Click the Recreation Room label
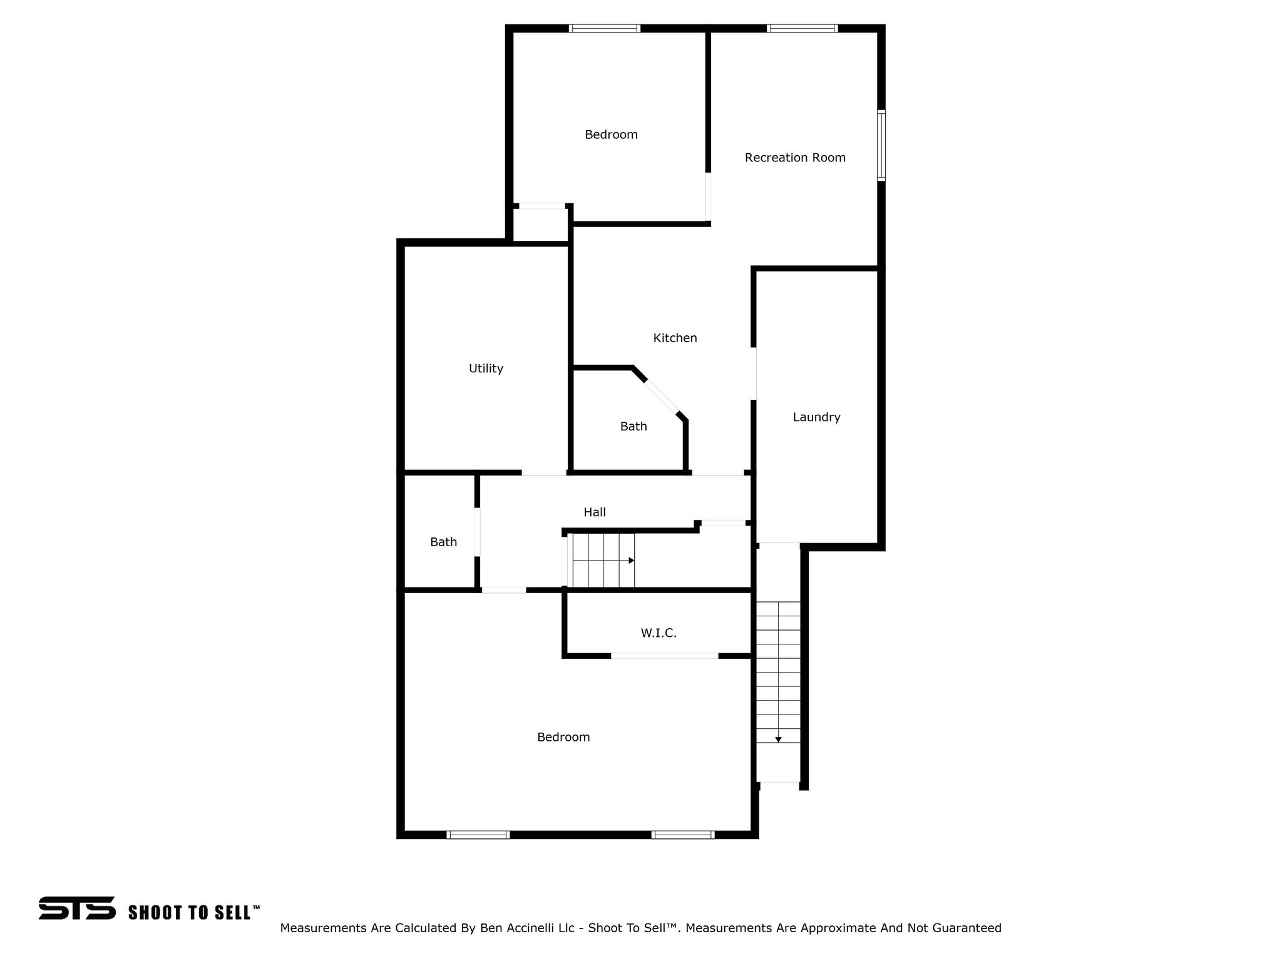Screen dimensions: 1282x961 pyautogui.click(x=795, y=158)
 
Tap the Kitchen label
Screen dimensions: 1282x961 pyautogui.click(x=675, y=338)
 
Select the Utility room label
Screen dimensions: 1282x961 pyautogui.click(x=486, y=369)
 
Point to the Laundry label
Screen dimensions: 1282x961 pyautogui.click(x=816, y=417)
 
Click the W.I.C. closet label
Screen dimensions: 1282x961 pyautogui.click(x=659, y=633)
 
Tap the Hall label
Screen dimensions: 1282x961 pyautogui.click(x=595, y=512)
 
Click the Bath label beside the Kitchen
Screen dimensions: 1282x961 pyautogui.click(x=633, y=427)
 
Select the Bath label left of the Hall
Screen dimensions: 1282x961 pyautogui.click(x=443, y=542)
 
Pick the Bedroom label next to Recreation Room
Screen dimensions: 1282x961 pyautogui.click(x=611, y=135)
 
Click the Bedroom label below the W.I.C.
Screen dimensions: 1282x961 pyautogui.click(x=563, y=737)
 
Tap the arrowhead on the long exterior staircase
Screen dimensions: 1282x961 pyautogui.click(x=778, y=740)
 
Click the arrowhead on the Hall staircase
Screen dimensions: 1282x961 pyautogui.click(x=632, y=561)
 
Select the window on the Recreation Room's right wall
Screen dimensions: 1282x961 pyautogui.click(x=881, y=146)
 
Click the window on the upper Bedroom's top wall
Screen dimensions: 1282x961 pyautogui.click(x=605, y=28)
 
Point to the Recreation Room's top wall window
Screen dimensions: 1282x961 pyautogui.click(x=803, y=28)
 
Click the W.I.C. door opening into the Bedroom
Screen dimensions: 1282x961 pyautogui.click(x=665, y=656)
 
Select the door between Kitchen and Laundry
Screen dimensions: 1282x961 pyautogui.click(x=754, y=374)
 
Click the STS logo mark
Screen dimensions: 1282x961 pyautogui.click(x=77, y=908)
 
